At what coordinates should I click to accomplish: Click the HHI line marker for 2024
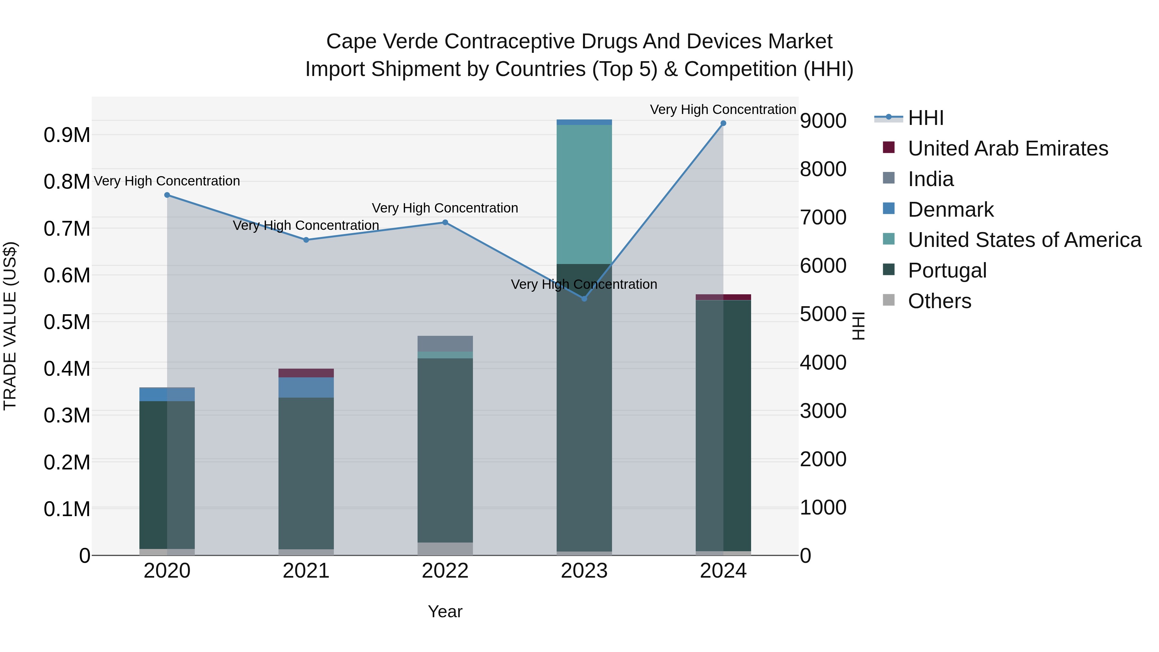(x=723, y=123)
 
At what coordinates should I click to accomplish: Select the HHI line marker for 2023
(x=584, y=299)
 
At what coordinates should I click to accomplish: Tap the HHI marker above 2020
(x=167, y=195)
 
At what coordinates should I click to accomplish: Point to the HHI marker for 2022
(x=445, y=222)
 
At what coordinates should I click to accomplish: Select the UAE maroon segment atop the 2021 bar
(x=306, y=373)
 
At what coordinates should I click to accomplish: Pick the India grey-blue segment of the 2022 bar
(x=445, y=343)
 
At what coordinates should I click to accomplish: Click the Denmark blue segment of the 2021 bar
(x=306, y=387)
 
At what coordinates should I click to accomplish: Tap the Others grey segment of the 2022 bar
(x=445, y=549)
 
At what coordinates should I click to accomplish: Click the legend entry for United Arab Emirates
(x=1007, y=148)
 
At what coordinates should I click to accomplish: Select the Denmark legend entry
(x=950, y=210)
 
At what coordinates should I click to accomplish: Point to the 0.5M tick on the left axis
(x=67, y=322)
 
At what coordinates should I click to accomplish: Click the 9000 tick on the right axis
(x=823, y=121)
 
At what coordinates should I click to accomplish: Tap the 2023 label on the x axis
(x=584, y=571)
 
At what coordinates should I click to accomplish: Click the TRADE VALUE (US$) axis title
(x=10, y=326)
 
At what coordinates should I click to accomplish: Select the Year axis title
(x=445, y=611)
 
